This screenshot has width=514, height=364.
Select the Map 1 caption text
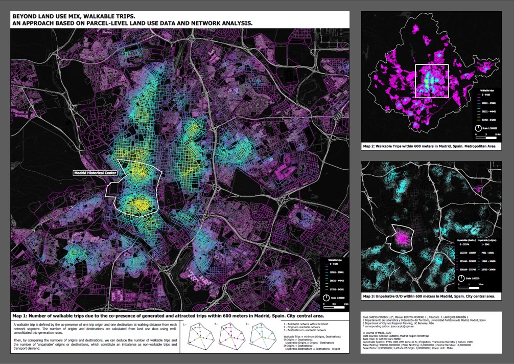tap(168, 315)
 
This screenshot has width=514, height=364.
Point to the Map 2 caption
tap(429, 146)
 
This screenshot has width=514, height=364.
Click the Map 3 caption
tap(429, 296)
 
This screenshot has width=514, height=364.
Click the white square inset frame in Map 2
tap(432, 81)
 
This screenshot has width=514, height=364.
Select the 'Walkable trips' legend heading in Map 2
tap(485, 90)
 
